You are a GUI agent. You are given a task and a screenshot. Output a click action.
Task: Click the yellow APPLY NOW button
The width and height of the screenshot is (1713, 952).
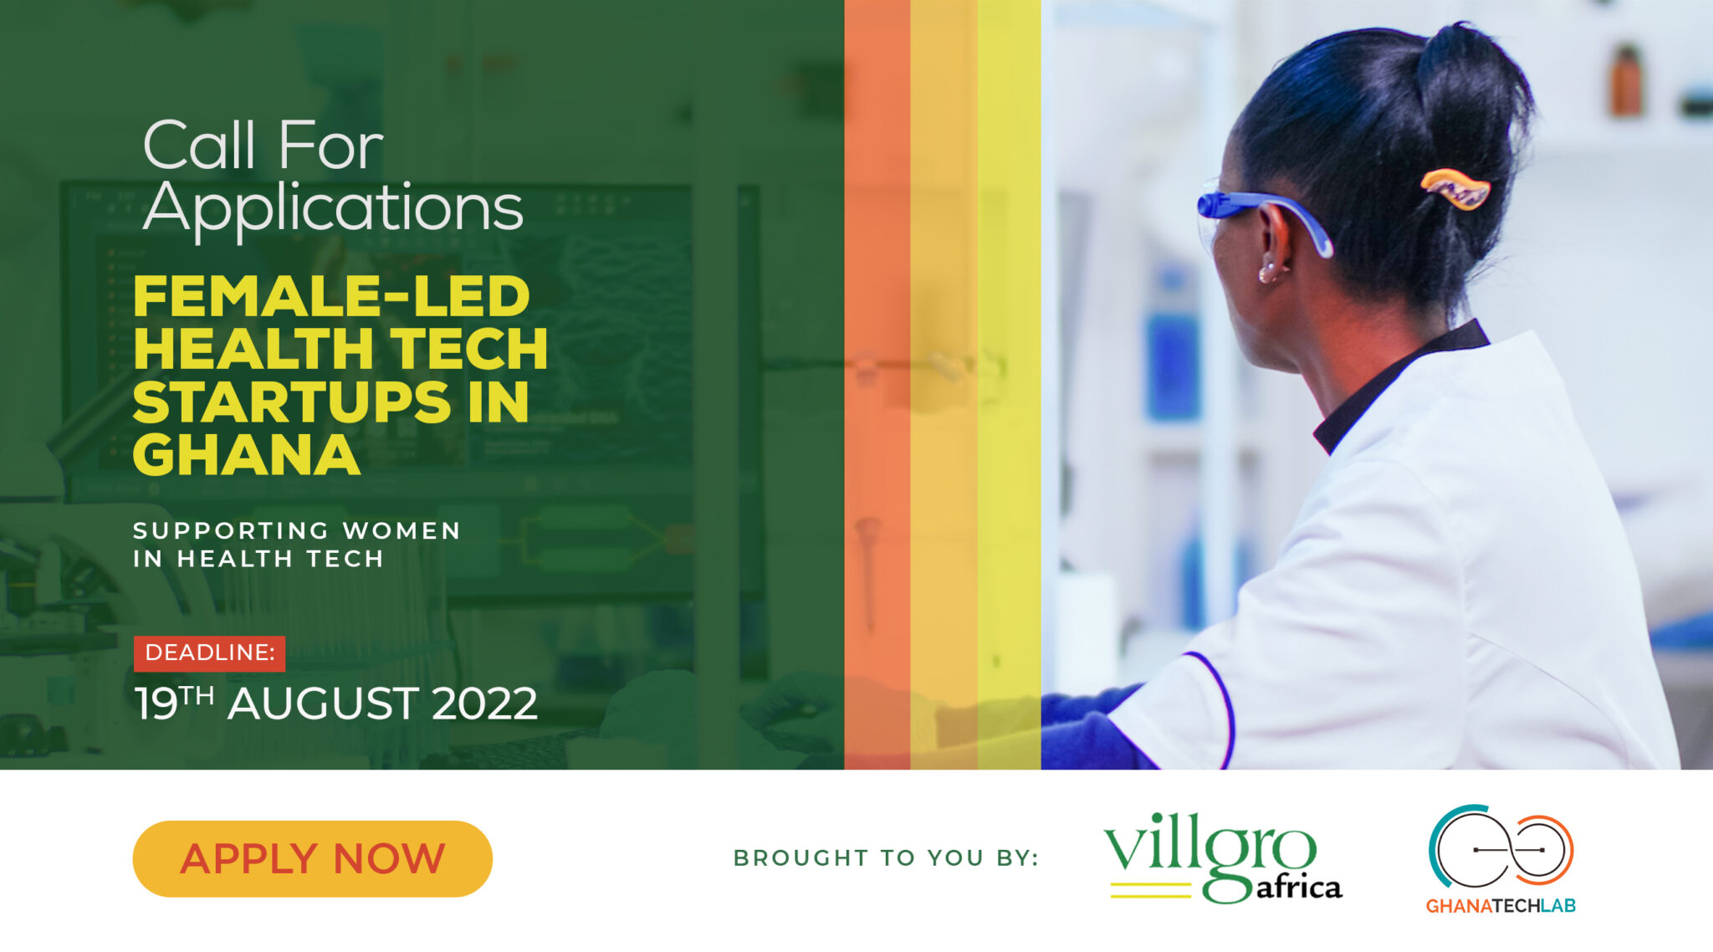(312, 858)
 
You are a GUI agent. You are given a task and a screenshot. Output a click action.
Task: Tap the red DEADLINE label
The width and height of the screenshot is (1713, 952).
(209, 653)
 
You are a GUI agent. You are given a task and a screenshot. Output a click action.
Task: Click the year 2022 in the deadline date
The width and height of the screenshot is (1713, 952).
(484, 704)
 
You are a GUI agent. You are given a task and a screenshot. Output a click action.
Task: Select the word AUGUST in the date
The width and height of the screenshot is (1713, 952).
(322, 704)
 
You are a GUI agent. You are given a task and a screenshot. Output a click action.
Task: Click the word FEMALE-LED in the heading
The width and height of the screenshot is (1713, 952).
(331, 296)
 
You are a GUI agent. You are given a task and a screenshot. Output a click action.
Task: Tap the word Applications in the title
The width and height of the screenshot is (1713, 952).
(333, 207)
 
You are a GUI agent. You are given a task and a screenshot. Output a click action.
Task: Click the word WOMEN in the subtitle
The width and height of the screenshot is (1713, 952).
(401, 530)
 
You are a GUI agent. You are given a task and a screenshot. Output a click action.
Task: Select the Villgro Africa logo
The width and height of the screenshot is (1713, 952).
(1222, 857)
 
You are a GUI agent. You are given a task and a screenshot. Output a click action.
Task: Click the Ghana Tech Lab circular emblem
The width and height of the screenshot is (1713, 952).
(1501, 847)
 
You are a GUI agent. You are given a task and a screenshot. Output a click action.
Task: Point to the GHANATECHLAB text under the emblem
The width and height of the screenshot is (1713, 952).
(1501, 906)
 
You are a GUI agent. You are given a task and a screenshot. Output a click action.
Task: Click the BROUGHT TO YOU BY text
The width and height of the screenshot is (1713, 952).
(885, 857)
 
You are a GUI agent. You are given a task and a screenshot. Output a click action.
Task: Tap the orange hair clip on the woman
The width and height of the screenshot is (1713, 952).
(1455, 188)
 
